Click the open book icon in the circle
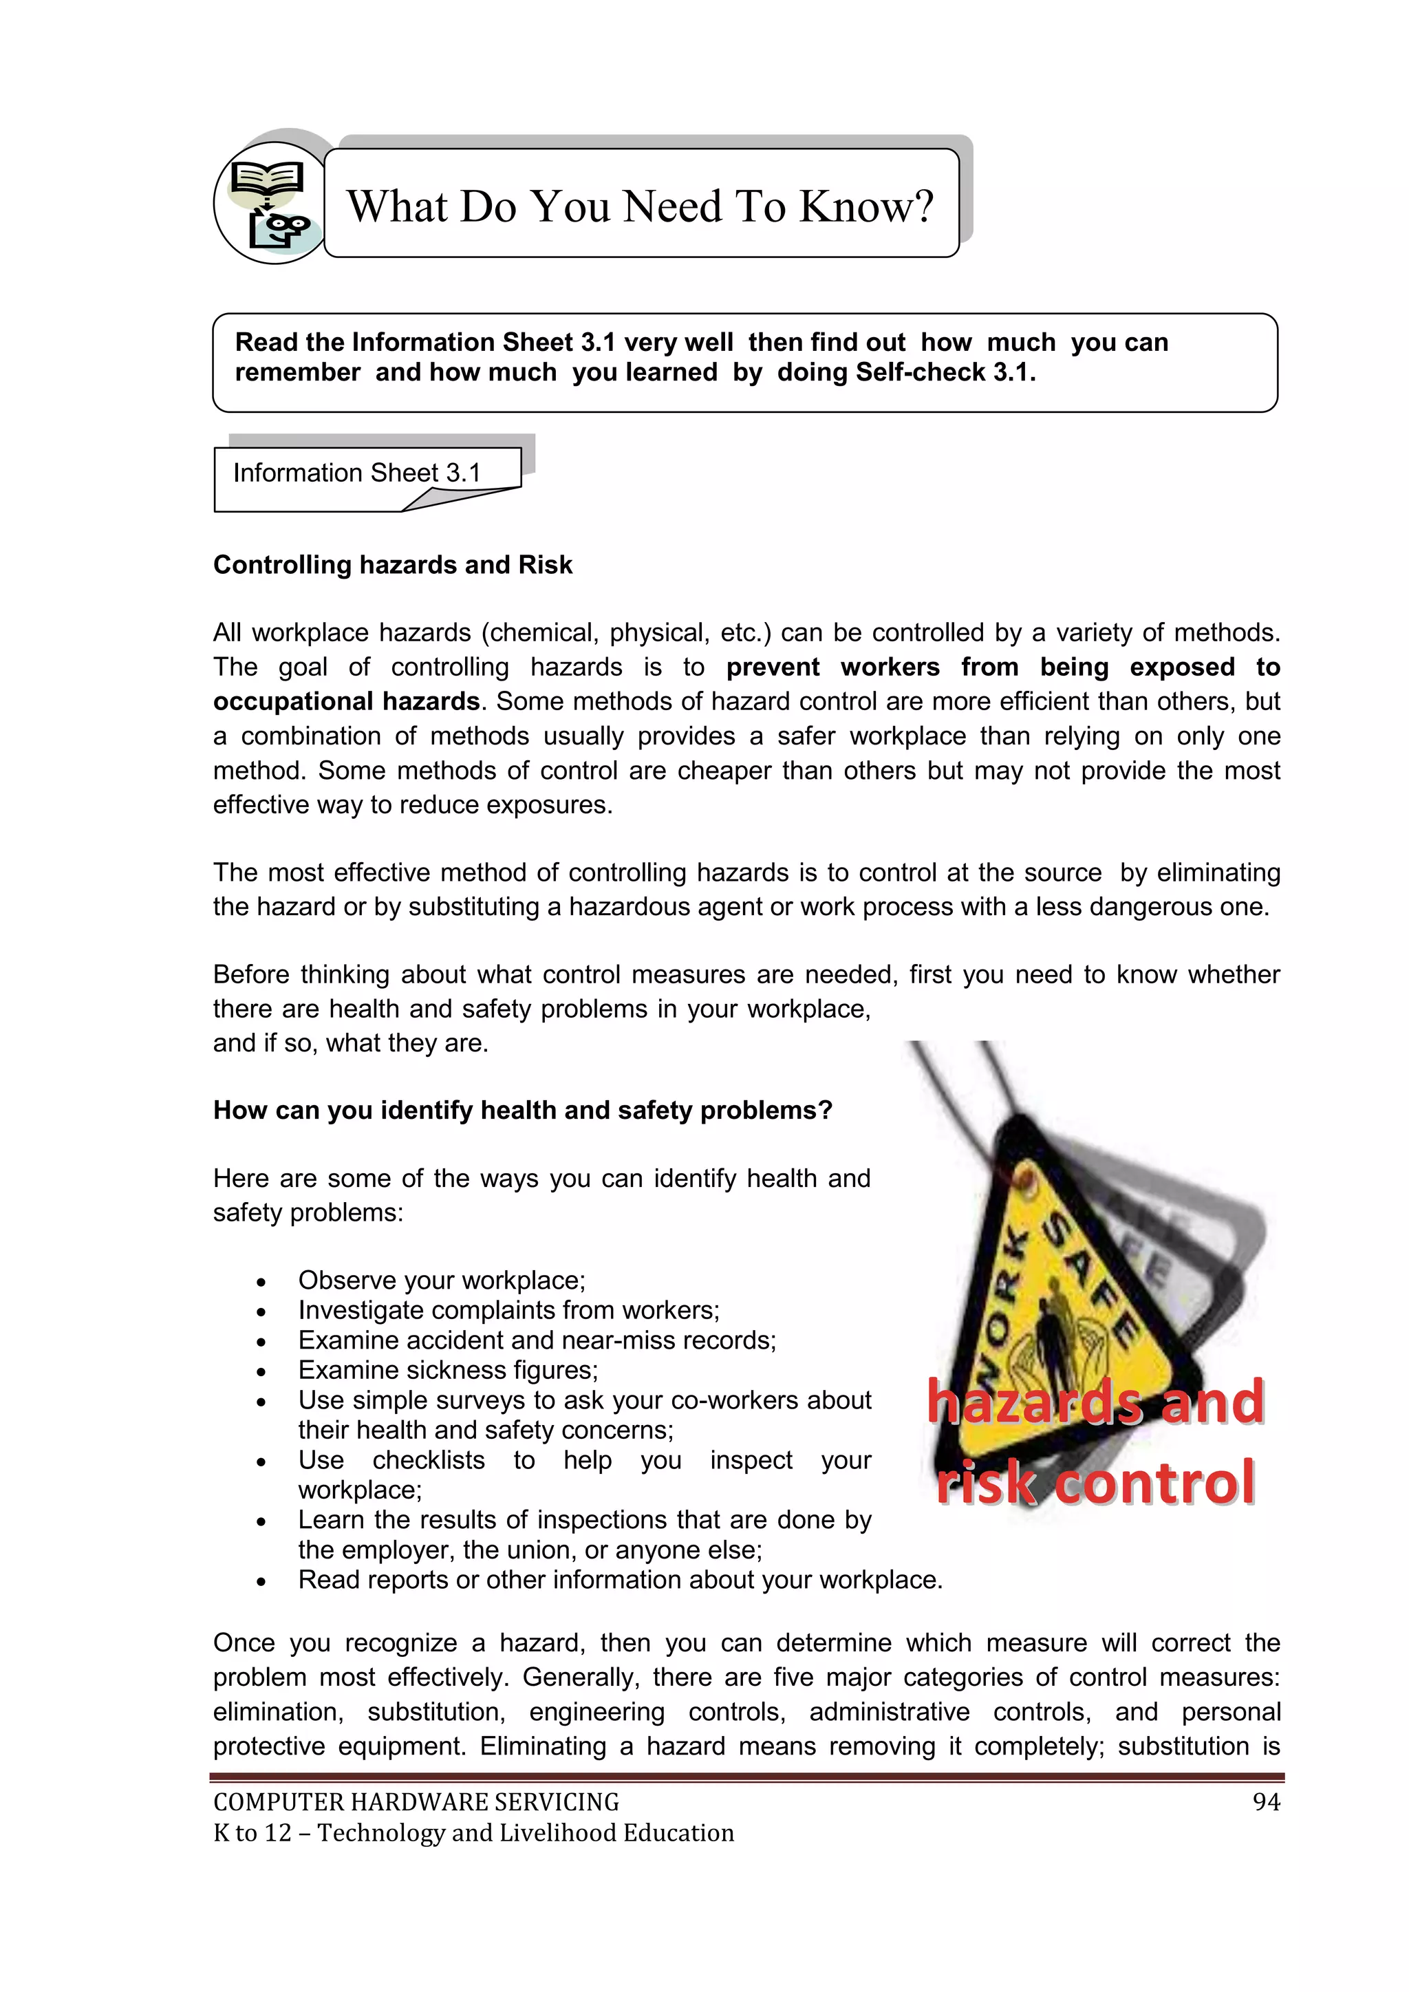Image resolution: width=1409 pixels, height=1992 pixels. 268,180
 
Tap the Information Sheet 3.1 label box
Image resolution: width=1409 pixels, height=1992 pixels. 356,473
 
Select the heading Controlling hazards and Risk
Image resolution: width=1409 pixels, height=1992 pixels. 392,565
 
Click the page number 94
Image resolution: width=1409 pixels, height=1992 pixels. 1266,1803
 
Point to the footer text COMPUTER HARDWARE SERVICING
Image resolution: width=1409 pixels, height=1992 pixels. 416,1803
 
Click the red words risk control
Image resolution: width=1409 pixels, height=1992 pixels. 1095,1483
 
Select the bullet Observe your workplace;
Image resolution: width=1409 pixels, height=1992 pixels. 442,1281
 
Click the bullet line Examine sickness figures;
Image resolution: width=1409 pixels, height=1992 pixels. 448,1370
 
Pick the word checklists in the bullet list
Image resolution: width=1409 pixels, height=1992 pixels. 429,1460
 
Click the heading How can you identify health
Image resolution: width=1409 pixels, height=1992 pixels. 522,1111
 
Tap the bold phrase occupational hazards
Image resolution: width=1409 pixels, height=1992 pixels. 346,701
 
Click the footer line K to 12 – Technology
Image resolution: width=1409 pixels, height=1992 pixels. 473,1833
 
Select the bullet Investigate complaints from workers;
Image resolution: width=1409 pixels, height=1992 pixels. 508,1310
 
